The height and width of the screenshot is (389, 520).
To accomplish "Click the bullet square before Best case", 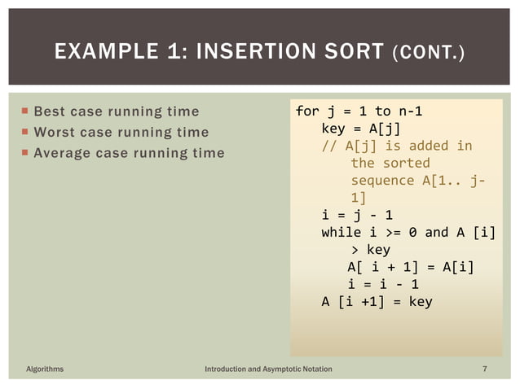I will click(x=25, y=111).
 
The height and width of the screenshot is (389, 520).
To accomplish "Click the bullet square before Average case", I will click(x=25, y=153).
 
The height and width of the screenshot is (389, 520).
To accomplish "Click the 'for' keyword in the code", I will click(x=307, y=110).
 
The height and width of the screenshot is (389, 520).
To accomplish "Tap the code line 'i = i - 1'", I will click(x=383, y=284).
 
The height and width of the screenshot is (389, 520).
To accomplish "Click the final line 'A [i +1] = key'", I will click(x=377, y=301).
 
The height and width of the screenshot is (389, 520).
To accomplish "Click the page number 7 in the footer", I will click(x=485, y=369).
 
